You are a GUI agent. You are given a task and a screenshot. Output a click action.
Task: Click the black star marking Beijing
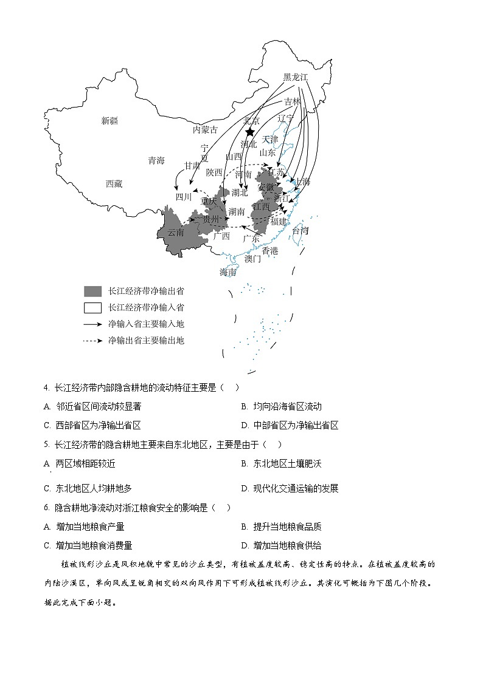(249, 132)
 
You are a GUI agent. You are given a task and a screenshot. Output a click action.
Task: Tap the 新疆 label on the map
(109, 121)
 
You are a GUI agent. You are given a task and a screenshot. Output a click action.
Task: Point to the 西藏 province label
(114, 183)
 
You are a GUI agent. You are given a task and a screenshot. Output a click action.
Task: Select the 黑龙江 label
(296, 77)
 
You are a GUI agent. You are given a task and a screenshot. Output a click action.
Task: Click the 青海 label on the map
(156, 160)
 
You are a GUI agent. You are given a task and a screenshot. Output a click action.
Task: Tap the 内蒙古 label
(205, 129)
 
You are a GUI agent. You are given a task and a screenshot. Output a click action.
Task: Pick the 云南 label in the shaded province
(176, 232)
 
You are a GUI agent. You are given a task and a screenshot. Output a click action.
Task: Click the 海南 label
(228, 272)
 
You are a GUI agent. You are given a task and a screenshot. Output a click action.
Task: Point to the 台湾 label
(300, 231)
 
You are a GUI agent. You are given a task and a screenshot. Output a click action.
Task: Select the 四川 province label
(184, 196)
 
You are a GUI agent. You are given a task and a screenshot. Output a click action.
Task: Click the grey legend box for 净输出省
(92, 290)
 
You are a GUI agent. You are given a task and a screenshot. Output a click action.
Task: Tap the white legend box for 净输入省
(92, 307)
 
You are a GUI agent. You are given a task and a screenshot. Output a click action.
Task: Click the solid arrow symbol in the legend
(92, 324)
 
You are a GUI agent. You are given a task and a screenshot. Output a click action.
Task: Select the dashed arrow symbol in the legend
(92, 341)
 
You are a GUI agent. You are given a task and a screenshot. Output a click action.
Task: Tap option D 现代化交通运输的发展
(290, 488)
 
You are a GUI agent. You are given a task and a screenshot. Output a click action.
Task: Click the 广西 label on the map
(221, 236)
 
